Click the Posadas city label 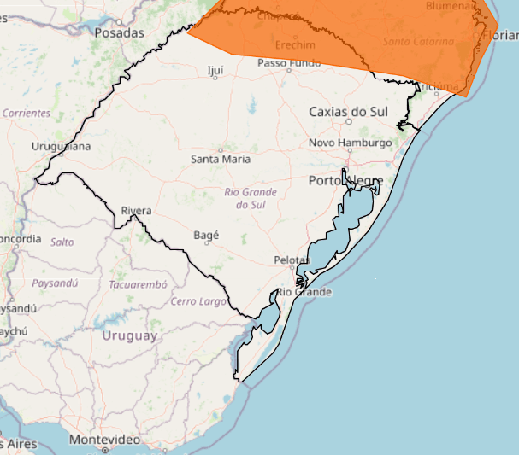119,32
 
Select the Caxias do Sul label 349,111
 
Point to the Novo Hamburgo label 350,143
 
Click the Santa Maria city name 221,159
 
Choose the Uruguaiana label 60,146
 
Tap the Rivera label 137,210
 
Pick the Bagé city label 208,235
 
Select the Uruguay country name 130,335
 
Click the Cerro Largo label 200,301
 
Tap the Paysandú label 54,283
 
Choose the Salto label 62,242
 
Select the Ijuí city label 215,70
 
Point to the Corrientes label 27,113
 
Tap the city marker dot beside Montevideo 105,448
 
